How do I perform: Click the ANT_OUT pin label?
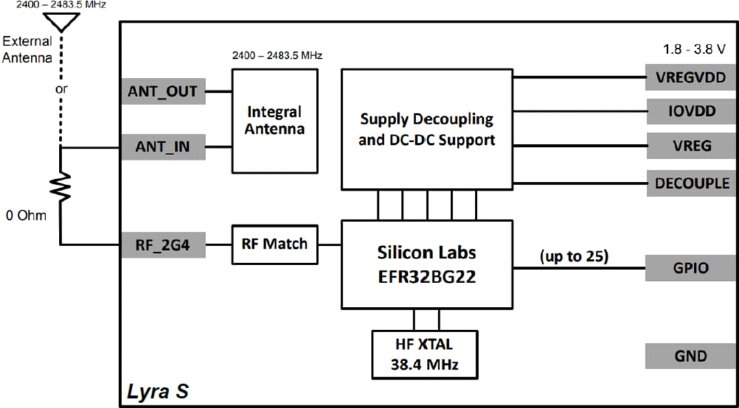(163, 92)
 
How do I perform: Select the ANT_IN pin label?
(163, 146)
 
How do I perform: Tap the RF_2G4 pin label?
(163, 244)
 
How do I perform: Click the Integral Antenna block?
(274, 120)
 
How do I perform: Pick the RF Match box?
(274, 244)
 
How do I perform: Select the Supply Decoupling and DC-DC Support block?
(427, 129)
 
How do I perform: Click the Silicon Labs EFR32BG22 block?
(427, 264)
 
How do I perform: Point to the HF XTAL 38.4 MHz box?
(424, 354)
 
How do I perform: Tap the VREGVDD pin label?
(690, 77)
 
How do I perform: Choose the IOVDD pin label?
(690, 111)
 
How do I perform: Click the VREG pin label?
(690, 146)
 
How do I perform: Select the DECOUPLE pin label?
(690, 183)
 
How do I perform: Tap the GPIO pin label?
(690, 268)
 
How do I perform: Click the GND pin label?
(690, 356)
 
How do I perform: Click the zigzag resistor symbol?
(62, 187)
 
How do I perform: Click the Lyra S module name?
(158, 392)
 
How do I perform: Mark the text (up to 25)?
(574, 256)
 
